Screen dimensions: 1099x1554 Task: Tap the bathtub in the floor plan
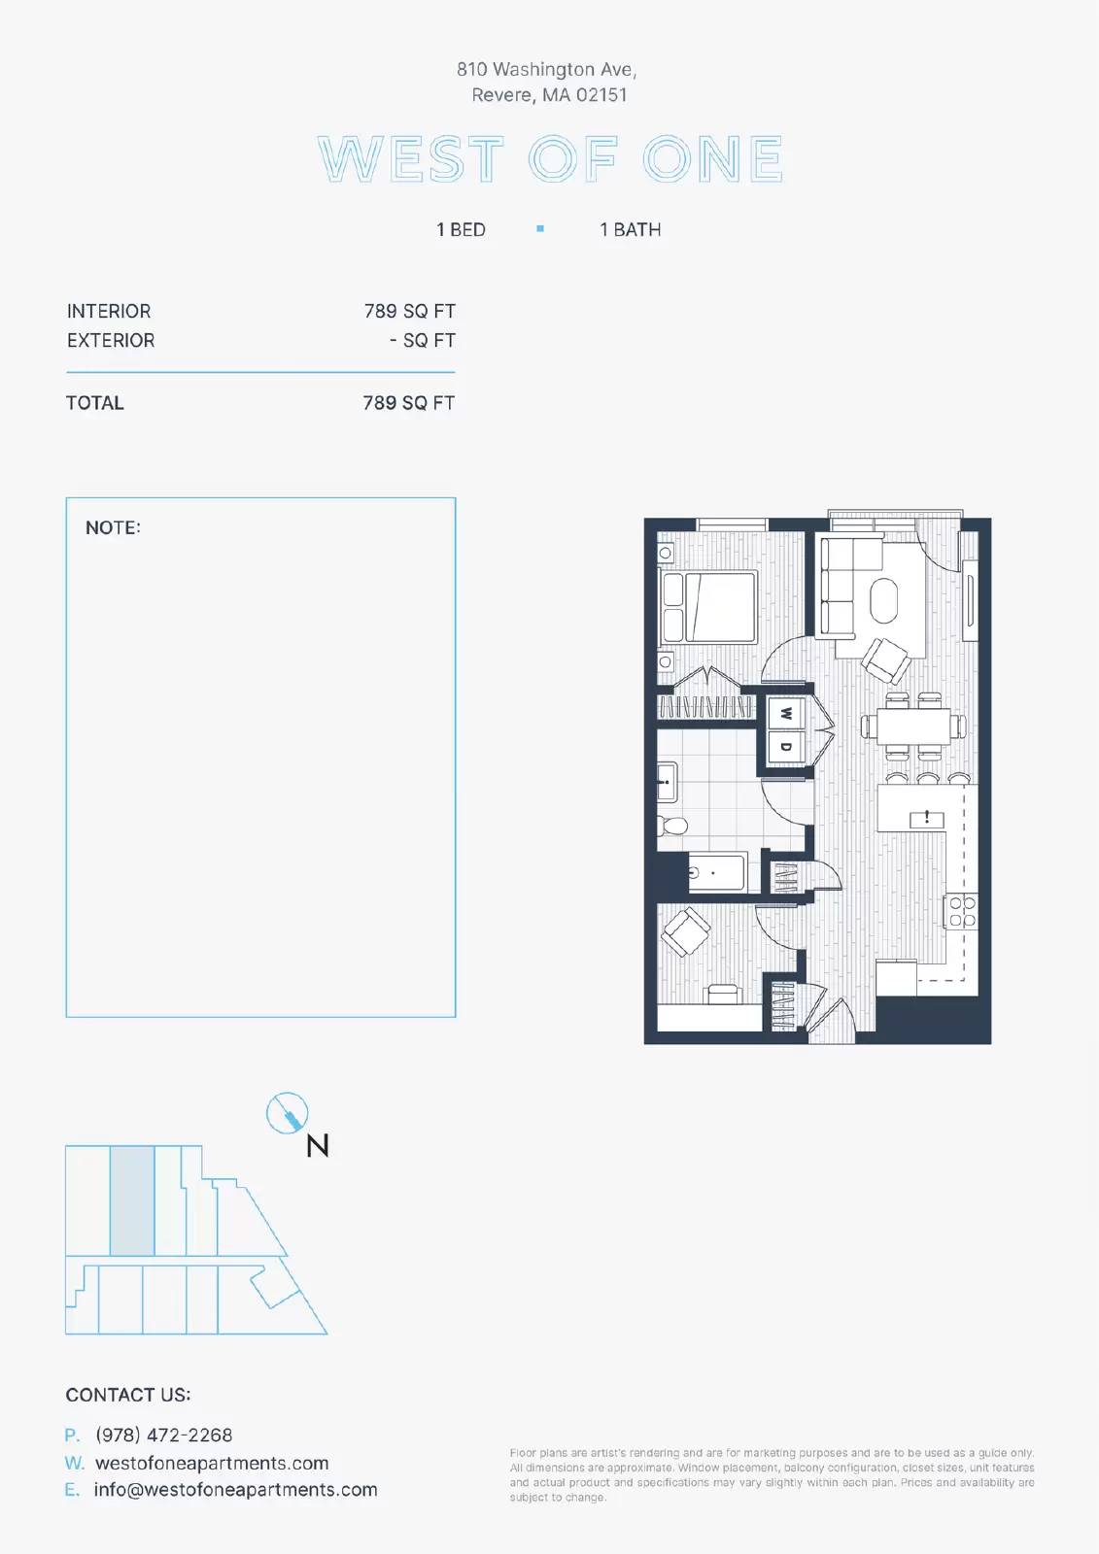[x=716, y=873]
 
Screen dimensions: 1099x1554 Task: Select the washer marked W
[x=786, y=713]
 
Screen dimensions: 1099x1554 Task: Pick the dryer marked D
[x=786, y=747]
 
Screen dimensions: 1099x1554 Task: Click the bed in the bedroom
[x=708, y=607]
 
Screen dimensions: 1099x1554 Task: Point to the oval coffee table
[x=884, y=601]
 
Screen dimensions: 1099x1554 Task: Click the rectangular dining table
[x=913, y=726]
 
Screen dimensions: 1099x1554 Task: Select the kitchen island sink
[x=927, y=819]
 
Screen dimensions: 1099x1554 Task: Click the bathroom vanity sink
[x=668, y=782]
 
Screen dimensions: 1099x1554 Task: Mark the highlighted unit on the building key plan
[x=132, y=1200]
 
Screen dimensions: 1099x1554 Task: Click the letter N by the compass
[x=318, y=1145]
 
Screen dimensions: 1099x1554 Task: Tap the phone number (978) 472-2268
[x=164, y=1435]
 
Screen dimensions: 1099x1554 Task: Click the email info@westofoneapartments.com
[x=235, y=1490]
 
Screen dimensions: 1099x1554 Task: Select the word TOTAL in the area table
[x=95, y=403]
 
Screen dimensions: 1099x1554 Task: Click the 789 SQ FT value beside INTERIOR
[x=410, y=312]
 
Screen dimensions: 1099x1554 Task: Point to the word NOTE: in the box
[x=113, y=528]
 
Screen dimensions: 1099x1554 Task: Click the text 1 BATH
[x=631, y=229]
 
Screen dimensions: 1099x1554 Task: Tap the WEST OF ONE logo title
[x=551, y=159]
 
